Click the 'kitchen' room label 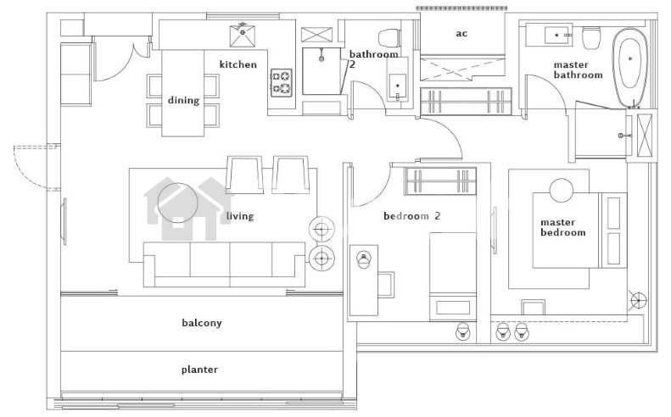(238, 64)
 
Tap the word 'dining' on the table (183, 101)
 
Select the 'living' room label (240, 216)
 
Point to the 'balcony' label (202, 323)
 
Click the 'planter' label (199, 370)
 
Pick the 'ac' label (461, 33)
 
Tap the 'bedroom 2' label (411, 216)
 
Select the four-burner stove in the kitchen (282, 82)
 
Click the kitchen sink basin (243, 36)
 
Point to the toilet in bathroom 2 (390, 37)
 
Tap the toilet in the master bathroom (591, 37)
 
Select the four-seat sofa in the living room (225, 264)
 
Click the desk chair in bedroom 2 (386, 285)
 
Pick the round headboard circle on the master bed (562, 190)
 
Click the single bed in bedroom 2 (453, 276)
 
